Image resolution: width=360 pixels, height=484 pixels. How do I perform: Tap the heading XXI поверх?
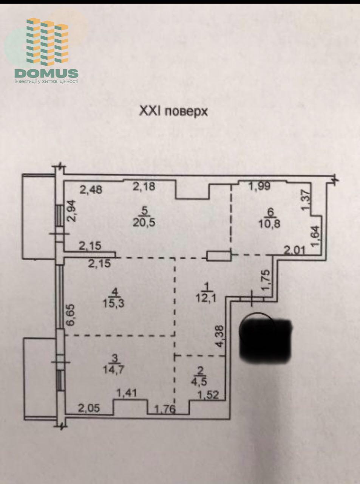pos(173,112)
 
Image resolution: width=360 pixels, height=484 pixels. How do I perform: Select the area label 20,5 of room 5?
pos(144,223)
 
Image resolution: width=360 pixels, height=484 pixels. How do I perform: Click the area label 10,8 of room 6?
pos(269,224)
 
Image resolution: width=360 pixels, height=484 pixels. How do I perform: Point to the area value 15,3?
pos(114,303)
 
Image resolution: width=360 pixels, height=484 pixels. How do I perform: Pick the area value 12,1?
pos(206,298)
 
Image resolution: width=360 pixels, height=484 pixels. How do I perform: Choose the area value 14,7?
pos(114,370)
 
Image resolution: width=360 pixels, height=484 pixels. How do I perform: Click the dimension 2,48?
pos(91,189)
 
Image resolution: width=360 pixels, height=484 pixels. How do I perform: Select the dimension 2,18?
pos(144,186)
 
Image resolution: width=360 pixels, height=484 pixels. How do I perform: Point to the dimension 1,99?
pos(260,186)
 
